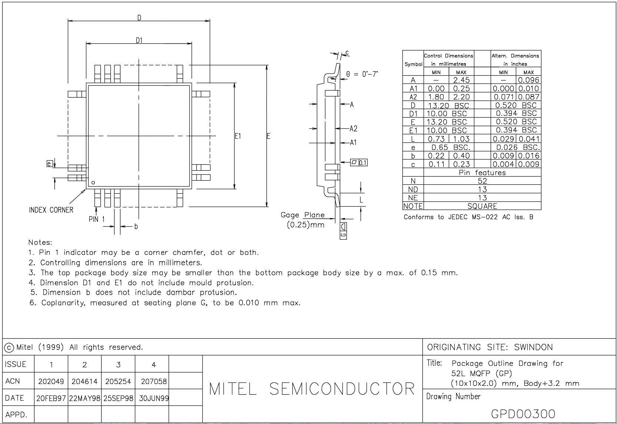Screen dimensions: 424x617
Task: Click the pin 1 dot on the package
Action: click(x=93, y=183)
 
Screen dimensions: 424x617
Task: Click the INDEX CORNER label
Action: click(x=51, y=210)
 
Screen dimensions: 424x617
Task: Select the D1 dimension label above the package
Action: click(x=139, y=40)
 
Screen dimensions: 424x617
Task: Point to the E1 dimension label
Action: click(x=238, y=136)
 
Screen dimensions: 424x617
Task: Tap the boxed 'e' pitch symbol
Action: click(x=49, y=164)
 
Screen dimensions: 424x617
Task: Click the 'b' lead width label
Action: click(x=136, y=226)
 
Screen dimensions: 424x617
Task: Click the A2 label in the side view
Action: click(x=354, y=129)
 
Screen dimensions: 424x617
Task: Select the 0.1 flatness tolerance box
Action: click(x=363, y=162)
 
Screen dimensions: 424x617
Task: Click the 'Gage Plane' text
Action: click(x=302, y=215)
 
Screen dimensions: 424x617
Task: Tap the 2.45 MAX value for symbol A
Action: click(x=461, y=80)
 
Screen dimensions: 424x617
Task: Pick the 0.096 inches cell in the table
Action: click(x=528, y=80)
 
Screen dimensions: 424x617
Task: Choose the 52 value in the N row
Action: click(x=482, y=181)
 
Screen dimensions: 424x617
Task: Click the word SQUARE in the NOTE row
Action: click(x=482, y=206)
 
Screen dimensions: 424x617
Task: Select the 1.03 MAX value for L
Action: click(x=461, y=139)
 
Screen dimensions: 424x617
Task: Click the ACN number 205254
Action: click(x=118, y=381)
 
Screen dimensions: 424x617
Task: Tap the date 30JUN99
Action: click(x=154, y=398)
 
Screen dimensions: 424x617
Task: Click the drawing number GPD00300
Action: click(x=523, y=414)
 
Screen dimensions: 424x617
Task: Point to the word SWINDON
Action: click(x=533, y=347)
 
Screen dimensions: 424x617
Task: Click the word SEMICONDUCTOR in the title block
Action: click(x=342, y=389)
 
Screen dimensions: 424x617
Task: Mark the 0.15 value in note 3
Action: click(x=429, y=273)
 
